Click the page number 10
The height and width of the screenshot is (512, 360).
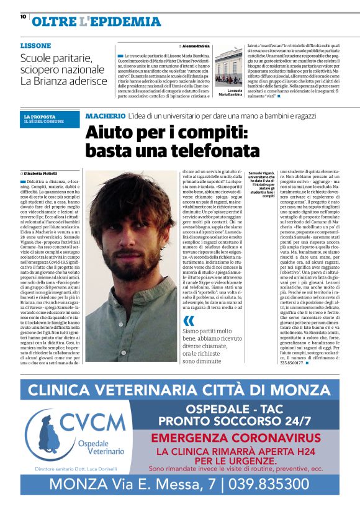pyautogui.click(x=23, y=17)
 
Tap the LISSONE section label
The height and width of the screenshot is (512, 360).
pyautogui.click(x=36, y=46)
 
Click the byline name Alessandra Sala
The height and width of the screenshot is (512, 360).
pyautogui.click(x=196, y=47)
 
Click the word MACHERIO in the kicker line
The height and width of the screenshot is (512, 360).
pyautogui.click(x=105, y=116)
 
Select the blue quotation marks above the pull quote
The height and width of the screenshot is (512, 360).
pyautogui.click(x=189, y=320)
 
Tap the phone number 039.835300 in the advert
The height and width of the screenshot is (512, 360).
pyautogui.click(x=265, y=483)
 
